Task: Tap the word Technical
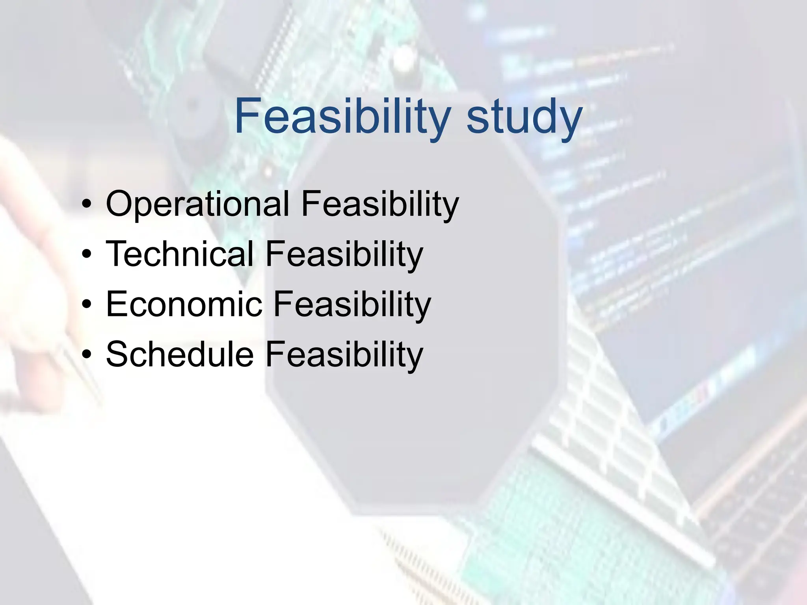pos(180,254)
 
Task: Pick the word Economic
pos(184,304)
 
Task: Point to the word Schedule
pos(180,354)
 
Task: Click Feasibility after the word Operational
pos(380,204)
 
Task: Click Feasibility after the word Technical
pos(344,254)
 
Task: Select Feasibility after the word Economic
pos(352,304)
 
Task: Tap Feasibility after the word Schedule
pos(344,354)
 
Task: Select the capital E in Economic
pos(117,304)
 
